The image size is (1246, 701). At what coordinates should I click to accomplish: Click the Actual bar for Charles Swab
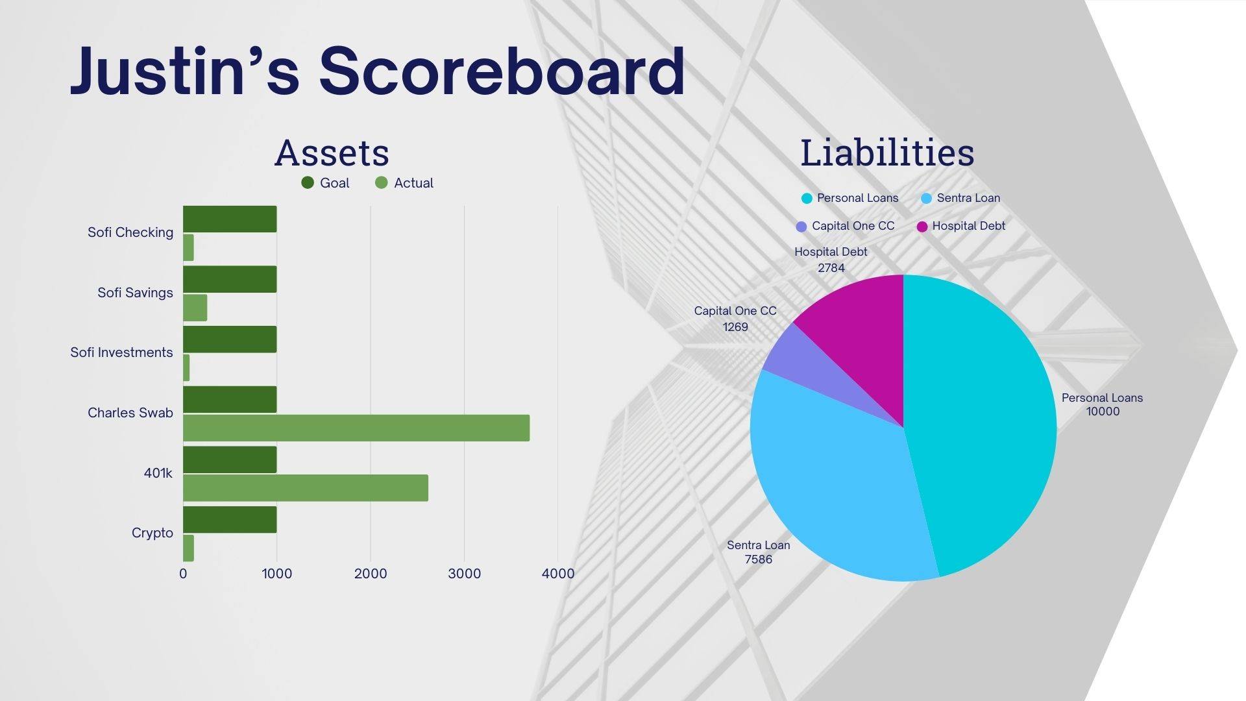[356, 428]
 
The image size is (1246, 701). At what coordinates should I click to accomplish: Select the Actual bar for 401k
[306, 488]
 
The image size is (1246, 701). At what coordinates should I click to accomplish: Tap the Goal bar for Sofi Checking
[230, 219]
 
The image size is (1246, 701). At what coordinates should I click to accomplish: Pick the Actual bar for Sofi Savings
[195, 308]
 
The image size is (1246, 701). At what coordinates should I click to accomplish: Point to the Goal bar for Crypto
[230, 519]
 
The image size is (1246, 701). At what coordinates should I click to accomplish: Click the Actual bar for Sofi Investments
[186, 368]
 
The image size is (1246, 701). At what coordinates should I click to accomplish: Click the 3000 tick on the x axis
[465, 574]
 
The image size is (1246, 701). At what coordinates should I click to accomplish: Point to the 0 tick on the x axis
[183, 574]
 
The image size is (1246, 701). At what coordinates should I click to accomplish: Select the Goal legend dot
[308, 183]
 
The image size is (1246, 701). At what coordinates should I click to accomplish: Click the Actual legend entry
[404, 183]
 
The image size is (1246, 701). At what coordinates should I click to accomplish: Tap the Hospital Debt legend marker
[922, 227]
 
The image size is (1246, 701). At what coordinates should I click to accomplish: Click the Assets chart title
[332, 153]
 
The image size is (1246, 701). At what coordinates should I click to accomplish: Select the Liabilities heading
[887, 153]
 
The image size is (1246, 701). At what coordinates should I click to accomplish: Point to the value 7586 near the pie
[759, 560]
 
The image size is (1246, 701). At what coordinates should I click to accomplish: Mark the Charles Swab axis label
[130, 413]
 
